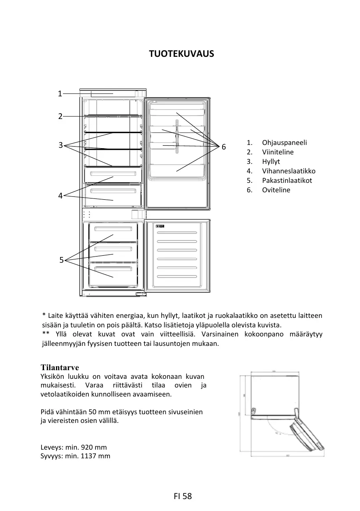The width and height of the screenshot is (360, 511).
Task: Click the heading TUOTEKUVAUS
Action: pyautogui.click(x=181, y=54)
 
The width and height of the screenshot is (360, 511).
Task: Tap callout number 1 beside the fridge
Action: pyautogui.click(x=60, y=94)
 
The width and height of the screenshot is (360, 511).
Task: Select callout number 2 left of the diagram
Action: pyautogui.click(x=60, y=117)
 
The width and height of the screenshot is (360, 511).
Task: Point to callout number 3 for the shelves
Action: pyautogui.click(x=60, y=145)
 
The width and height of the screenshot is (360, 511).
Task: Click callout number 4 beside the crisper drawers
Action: pyautogui.click(x=60, y=196)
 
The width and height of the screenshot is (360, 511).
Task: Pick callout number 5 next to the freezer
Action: pyautogui.click(x=61, y=260)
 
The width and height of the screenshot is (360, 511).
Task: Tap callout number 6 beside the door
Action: pyautogui.click(x=223, y=147)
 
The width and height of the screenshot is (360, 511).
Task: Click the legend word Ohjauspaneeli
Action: pyautogui.click(x=284, y=143)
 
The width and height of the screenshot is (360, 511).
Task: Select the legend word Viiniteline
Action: pyautogui.click(x=278, y=152)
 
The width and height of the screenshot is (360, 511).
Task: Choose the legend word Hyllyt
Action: pyautogui.click(x=271, y=162)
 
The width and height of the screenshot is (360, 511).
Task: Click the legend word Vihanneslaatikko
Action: pyautogui.click(x=289, y=171)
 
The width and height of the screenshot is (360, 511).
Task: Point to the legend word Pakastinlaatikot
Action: pyautogui.click(x=287, y=181)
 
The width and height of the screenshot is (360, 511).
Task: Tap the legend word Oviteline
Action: pyautogui.click(x=276, y=190)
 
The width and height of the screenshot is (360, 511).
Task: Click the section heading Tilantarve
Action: pyautogui.click(x=60, y=367)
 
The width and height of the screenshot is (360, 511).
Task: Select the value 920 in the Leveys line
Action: pyautogui.click(x=88, y=447)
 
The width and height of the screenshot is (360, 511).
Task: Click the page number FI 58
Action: pyautogui.click(x=183, y=496)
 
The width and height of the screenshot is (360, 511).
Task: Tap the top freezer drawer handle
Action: pyautogui.click(x=110, y=229)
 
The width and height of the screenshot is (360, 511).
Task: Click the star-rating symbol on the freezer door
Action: pyautogui.click(x=161, y=226)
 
